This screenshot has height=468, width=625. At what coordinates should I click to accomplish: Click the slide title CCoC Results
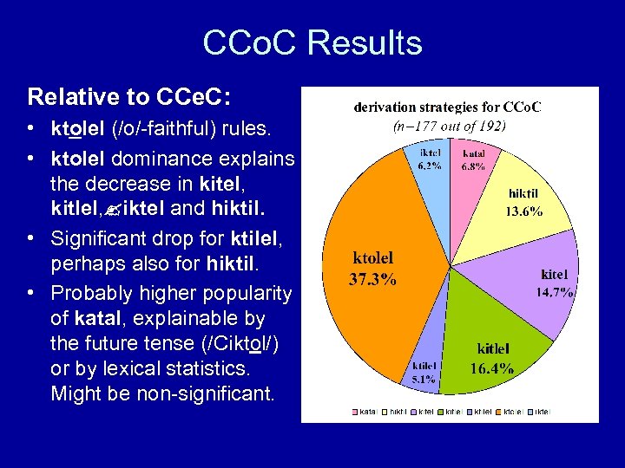pos(312,43)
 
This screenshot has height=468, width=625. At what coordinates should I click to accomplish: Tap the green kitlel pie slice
pos(495,347)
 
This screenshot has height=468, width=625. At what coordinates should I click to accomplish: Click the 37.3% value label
pos(374,279)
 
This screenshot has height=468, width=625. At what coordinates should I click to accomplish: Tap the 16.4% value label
pos(491,368)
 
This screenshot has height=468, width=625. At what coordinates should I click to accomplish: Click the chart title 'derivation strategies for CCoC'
pos(448,107)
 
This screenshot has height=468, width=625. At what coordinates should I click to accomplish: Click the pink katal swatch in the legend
pos(355,412)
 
